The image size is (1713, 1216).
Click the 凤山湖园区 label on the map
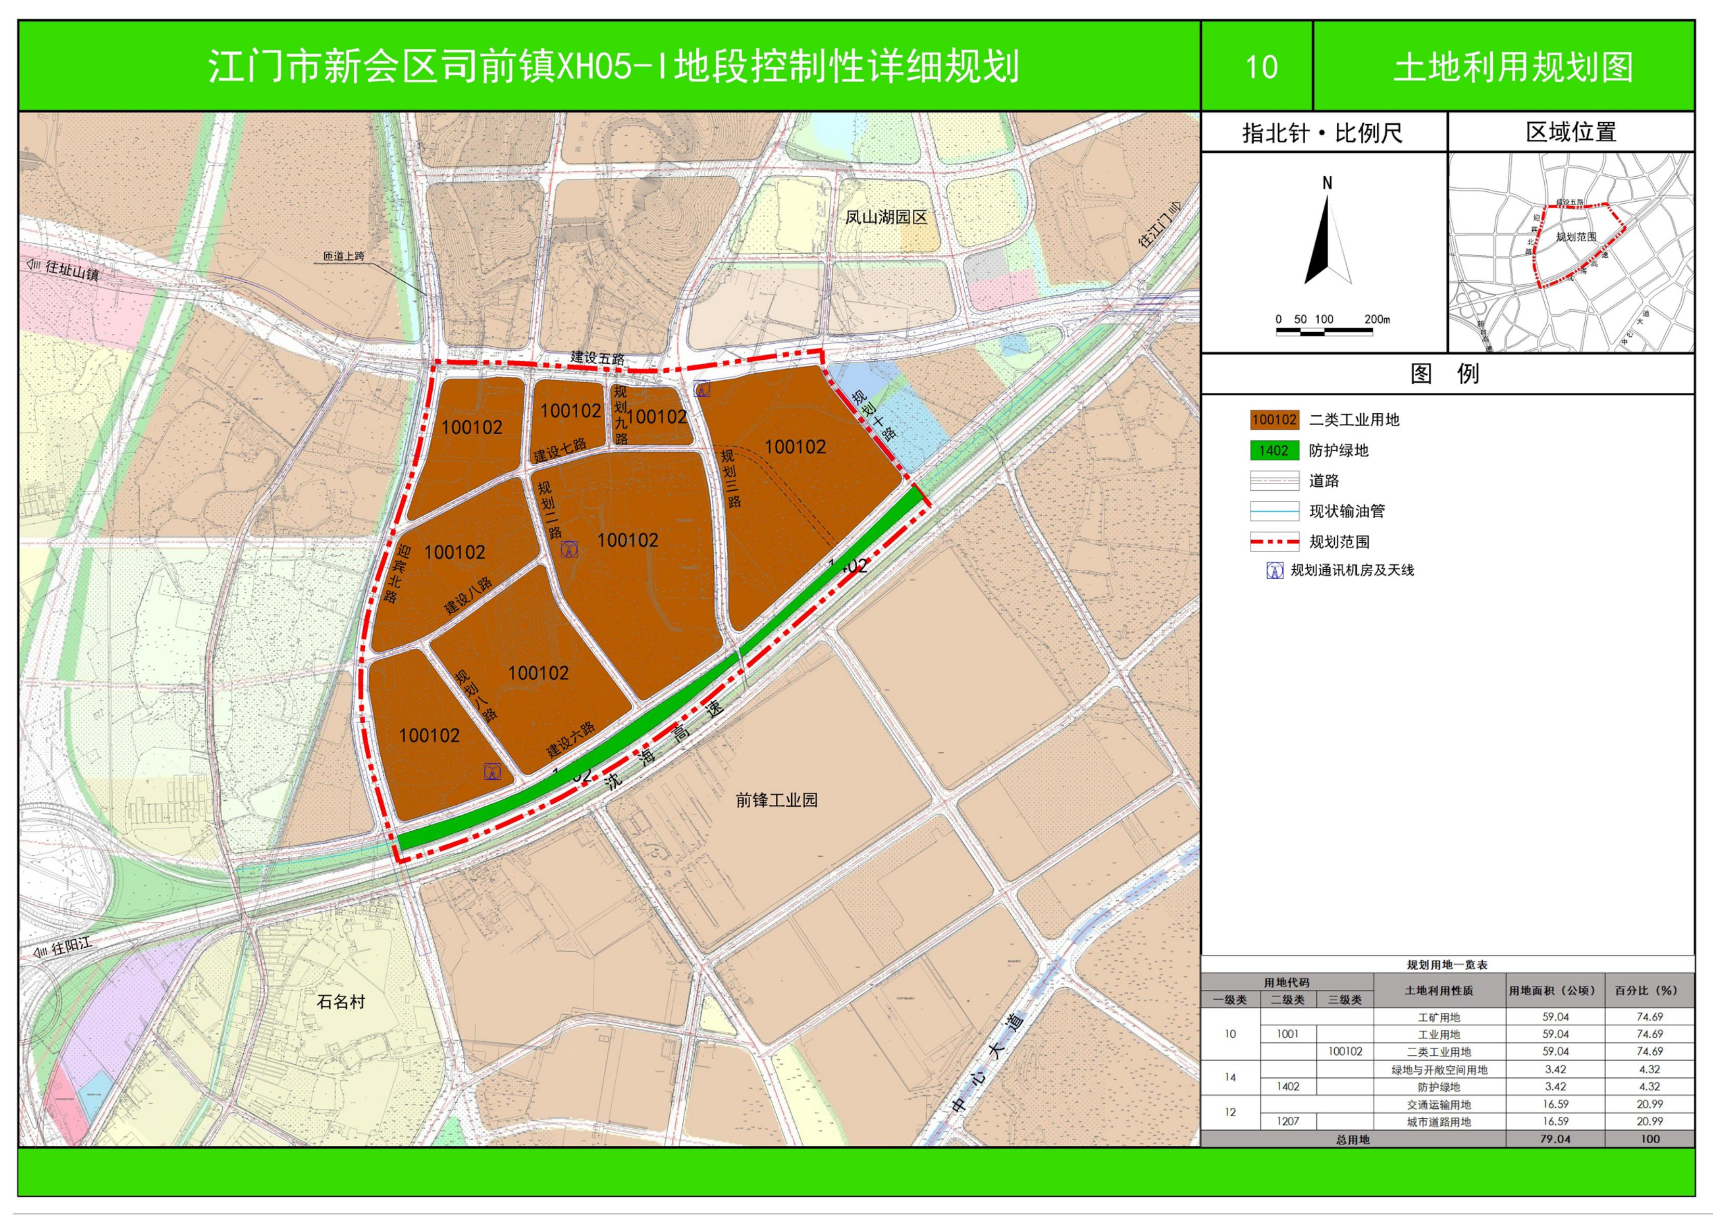[x=885, y=217]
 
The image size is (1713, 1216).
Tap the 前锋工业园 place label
[x=776, y=800]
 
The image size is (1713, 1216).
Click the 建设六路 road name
[x=570, y=739]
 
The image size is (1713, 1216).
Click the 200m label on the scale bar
[x=1377, y=319]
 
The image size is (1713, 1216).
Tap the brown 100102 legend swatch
[x=1274, y=420]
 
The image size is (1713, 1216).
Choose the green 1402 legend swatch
[x=1274, y=450]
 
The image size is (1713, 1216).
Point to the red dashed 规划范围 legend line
[x=1274, y=541]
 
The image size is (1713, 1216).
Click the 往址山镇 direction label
[x=71, y=269]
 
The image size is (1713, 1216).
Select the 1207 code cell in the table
[x=1288, y=1121]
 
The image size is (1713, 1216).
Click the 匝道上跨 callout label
[x=343, y=256]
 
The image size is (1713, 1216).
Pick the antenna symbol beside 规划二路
[x=569, y=550]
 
